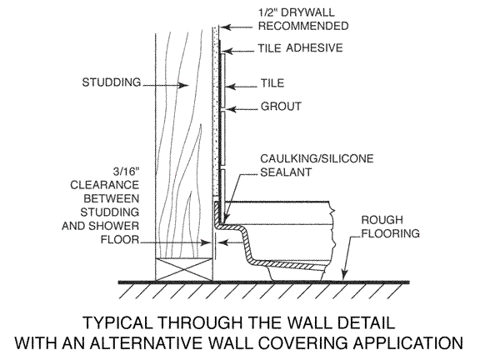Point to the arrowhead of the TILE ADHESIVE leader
coord(222,49)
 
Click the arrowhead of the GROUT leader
coord(223,108)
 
